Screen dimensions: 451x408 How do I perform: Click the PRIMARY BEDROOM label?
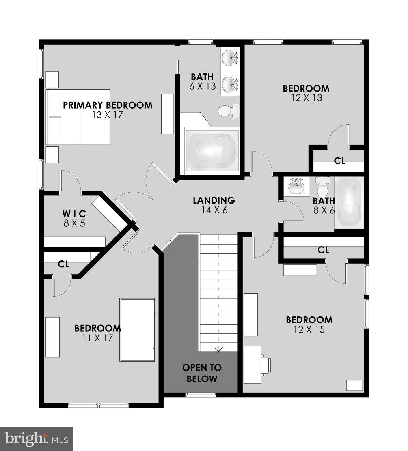click(108, 105)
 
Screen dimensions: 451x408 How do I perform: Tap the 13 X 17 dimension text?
click(108, 115)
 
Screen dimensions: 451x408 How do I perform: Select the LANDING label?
click(214, 200)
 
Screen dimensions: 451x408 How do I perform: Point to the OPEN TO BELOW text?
click(202, 374)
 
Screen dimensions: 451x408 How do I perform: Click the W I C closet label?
click(74, 213)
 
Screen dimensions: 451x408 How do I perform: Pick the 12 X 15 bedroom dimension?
click(309, 330)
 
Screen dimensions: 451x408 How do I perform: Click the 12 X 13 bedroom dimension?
click(306, 98)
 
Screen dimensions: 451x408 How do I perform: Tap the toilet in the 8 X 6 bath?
click(323, 187)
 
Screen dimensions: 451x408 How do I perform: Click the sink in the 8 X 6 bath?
click(296, 187)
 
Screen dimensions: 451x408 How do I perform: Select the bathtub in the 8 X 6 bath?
click(349, 202)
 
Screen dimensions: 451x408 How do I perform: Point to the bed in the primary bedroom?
click(79, 117)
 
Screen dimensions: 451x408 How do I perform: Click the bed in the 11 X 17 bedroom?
click(137, 330)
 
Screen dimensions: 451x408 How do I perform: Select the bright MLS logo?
click(36, 439)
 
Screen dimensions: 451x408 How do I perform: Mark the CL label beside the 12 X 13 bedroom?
click(339, 161)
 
